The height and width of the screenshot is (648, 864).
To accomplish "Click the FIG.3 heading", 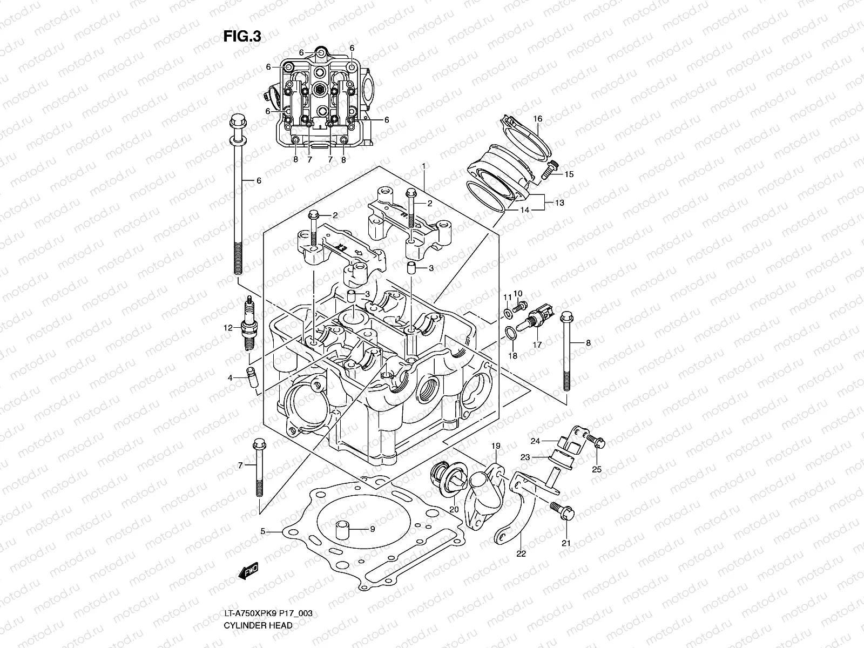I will click(x=242, y=36).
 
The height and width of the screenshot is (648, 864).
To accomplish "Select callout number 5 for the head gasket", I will click(x=263, y=531).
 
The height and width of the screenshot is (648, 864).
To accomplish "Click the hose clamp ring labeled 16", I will click(x=526, y=138).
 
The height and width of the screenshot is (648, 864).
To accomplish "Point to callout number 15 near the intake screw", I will click(x=569, y=174).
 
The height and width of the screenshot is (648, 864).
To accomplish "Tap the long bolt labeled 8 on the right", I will click(x=566, y=351).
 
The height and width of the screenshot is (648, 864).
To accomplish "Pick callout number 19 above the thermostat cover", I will click(x=496, y=446).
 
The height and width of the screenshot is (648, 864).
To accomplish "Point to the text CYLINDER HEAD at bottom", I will click(x=258, y=625).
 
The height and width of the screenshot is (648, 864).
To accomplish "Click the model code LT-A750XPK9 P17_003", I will click(x=268, y=613).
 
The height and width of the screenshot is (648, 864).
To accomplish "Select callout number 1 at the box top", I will click(x=424, y=165).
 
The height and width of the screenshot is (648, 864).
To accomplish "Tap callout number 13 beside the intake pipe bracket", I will click(x=559, y=202).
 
